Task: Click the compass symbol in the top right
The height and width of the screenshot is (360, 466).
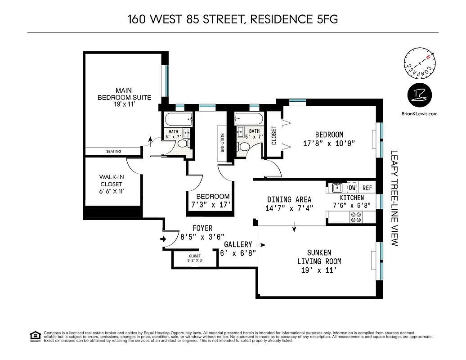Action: coord(420,65)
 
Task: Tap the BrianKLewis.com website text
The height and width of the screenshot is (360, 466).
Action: coord(419,114)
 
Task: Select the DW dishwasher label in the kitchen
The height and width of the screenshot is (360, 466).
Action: coord(352,188)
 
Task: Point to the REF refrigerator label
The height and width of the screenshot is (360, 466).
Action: coord(367,188)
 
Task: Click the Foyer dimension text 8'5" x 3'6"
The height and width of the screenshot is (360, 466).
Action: coord(202,236)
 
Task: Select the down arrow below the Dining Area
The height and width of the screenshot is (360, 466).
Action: coord(294,228)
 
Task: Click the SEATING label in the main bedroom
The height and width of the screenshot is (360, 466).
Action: coord(113,151)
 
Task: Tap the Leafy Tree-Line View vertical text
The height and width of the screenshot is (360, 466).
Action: coord(394,198)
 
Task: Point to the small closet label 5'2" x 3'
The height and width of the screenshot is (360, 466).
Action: coord(195,258)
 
